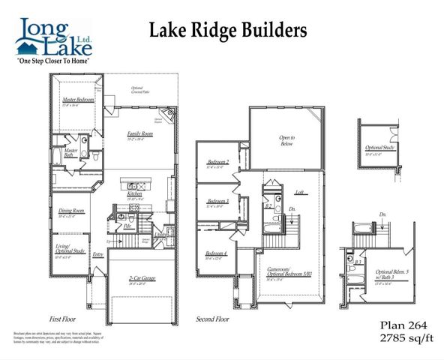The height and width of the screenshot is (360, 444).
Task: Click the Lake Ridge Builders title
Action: tap(228, 31)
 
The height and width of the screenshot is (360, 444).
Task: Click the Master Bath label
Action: tap(71, 152)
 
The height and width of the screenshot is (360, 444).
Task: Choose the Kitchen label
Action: tap(135, 193)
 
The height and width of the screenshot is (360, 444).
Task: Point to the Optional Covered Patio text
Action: tap(138, 90)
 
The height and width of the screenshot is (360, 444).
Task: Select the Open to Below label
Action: tap(287, 139)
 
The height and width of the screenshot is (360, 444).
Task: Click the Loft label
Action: tap(299, 191)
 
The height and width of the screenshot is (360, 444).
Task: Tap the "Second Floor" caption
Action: tap(212, 318)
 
